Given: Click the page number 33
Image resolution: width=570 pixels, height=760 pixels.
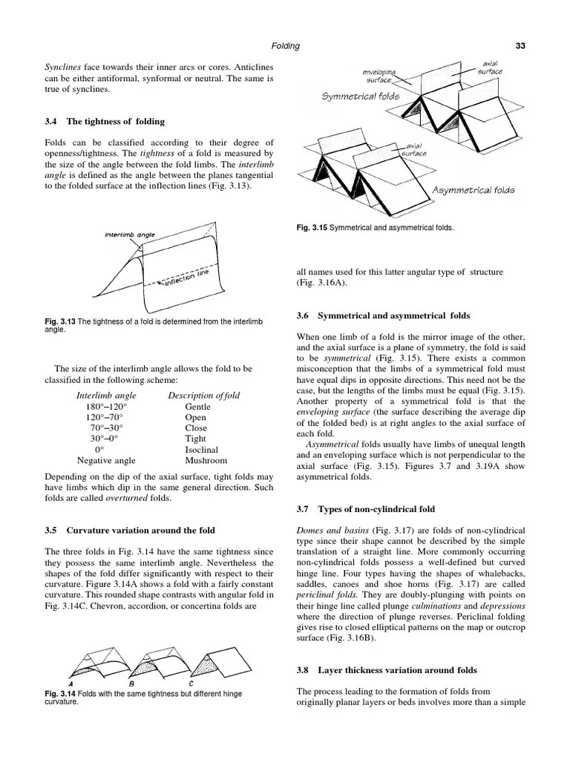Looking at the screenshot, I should [520, 46].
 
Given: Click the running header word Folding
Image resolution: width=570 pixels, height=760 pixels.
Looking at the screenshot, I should [285, 46].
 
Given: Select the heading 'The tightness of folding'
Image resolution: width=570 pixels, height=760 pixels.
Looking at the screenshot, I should [116, 122].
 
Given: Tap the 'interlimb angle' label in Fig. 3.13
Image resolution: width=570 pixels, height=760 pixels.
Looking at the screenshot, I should [130, 235].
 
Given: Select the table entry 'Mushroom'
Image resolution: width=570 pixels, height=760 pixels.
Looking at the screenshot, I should [206, 461].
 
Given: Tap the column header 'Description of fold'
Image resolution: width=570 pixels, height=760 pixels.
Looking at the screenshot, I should [203, 395].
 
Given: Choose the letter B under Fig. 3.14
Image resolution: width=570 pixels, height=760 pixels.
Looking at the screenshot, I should [131, 684].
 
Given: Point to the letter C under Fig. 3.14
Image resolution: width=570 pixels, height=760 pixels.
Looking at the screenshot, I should [191, 684].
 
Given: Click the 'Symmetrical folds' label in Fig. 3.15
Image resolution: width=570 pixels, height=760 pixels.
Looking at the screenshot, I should [361, 96].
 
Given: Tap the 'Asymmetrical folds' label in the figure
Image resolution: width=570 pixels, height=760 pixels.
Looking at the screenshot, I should [474, 191].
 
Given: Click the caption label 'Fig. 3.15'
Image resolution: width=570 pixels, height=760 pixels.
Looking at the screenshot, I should [311, 227].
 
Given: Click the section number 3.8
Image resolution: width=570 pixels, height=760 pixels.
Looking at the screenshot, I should [303, 671].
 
